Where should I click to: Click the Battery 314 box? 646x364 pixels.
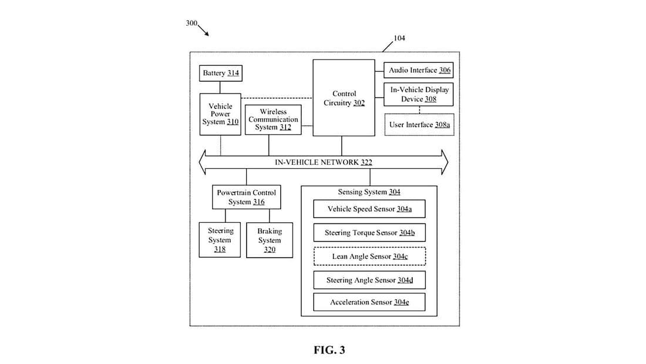(x=221, y=74)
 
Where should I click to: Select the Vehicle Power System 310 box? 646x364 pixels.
(x=220, y=114)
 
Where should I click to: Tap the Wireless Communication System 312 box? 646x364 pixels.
(x=273, y=119)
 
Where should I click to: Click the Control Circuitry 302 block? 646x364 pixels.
(x=344, y=98)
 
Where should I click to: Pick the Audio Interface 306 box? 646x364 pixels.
(x=419, y=71)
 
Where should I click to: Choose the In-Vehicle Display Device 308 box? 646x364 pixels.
(x=419, y=94)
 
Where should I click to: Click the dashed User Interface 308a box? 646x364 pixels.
(x=419, y=125)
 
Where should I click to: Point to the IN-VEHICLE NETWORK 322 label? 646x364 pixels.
(x=323, y=162)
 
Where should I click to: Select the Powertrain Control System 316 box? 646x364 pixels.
(x=246, y=197)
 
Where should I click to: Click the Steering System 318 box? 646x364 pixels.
(x=220, y=240)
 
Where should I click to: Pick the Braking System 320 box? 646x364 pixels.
(x=270, y=240)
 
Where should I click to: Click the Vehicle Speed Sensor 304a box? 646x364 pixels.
(x=369, y=209)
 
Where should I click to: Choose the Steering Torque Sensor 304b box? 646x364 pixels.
(x=369, y=233)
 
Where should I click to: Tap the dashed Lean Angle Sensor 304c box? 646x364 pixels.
(x=369, y=256)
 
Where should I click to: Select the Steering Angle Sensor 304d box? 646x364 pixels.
(x=369, y=280)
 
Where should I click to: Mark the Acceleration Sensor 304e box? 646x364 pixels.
(x=369, y=302)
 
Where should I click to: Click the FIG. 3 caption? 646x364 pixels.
(x=329, y=350)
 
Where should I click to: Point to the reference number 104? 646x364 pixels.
(x=399, y=38)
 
